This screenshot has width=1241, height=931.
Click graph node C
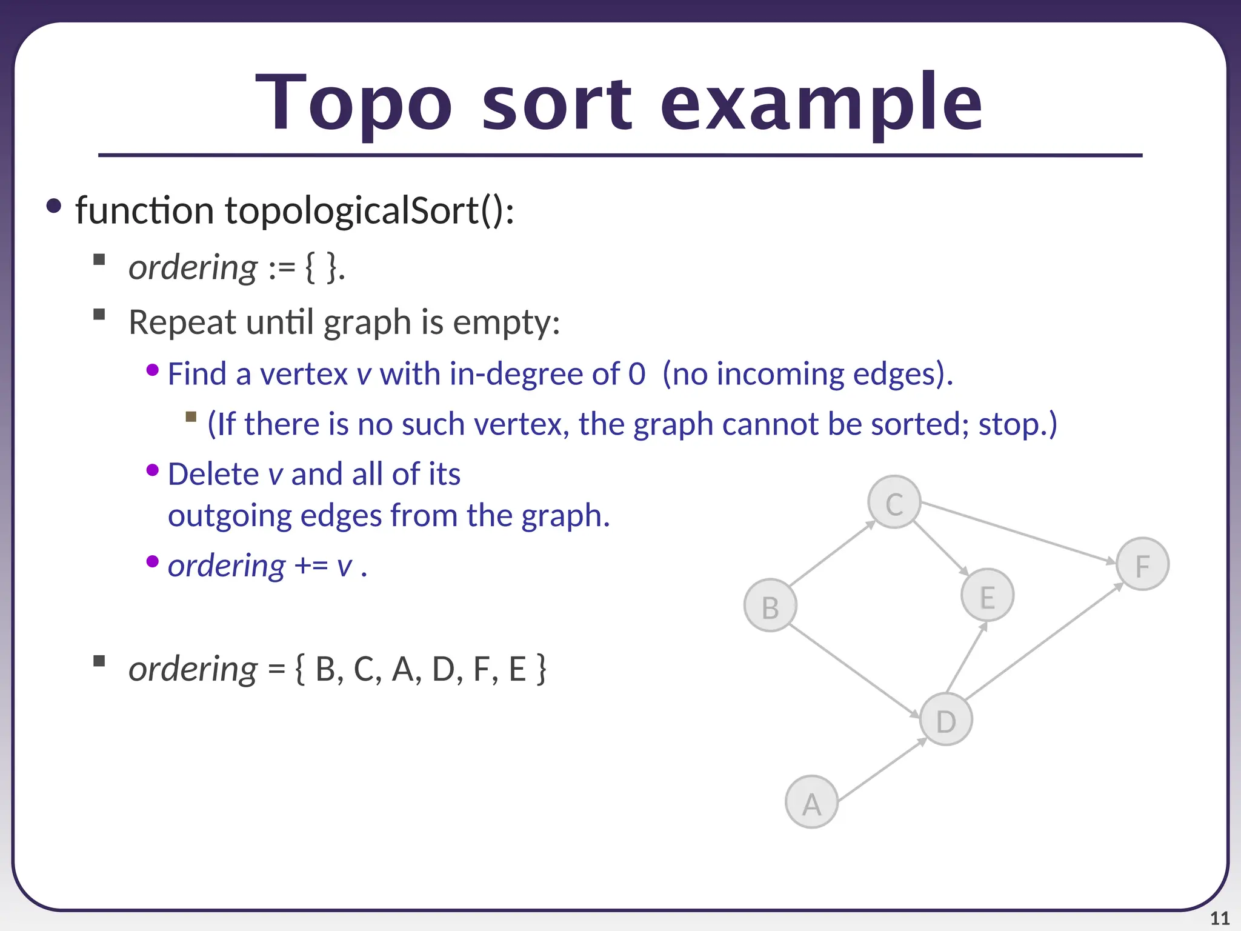click(x=894, y=502)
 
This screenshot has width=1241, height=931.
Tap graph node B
click(x=770, y=606)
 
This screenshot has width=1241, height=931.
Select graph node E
click(x=987, y=595)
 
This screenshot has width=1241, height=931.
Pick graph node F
click(x=1142, y=564)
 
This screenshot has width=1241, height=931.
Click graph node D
click(x=946, y=719)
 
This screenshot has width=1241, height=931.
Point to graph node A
click(x=811, y=802)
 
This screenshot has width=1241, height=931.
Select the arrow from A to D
click(x=882, y=769)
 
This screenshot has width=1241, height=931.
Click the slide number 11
click(x=1219, y=918)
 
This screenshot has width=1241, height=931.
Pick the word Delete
click(x=213, y=474)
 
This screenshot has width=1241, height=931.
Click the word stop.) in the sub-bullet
click(x=1017, y=424)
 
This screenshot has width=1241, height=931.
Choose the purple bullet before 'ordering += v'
click(x=153, y=561)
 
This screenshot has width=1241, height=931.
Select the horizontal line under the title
click(x=620, y=156)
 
